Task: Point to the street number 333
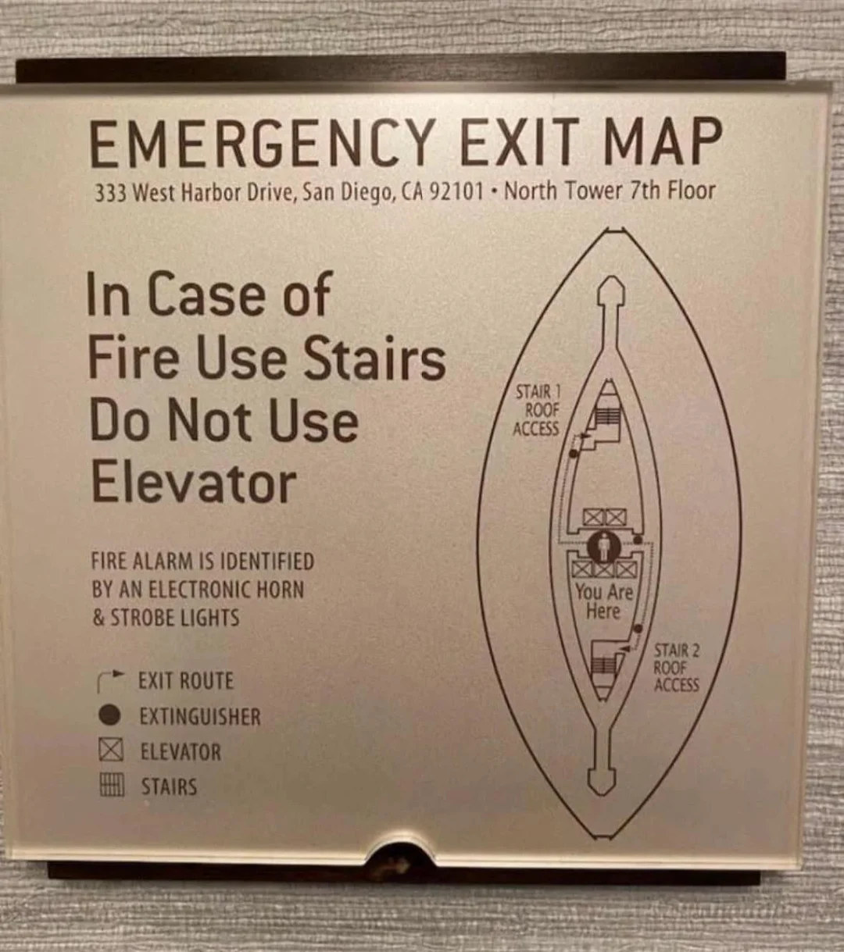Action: [x=111, y=193]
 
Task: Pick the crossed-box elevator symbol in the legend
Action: [x=112, y=751]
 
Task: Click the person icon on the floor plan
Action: [x=604, y=547]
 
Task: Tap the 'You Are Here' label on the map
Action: [x=604, y=602]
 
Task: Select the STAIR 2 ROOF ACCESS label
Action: [x=677, y=668]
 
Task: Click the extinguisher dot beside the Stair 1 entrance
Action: [x=573, y=453]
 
